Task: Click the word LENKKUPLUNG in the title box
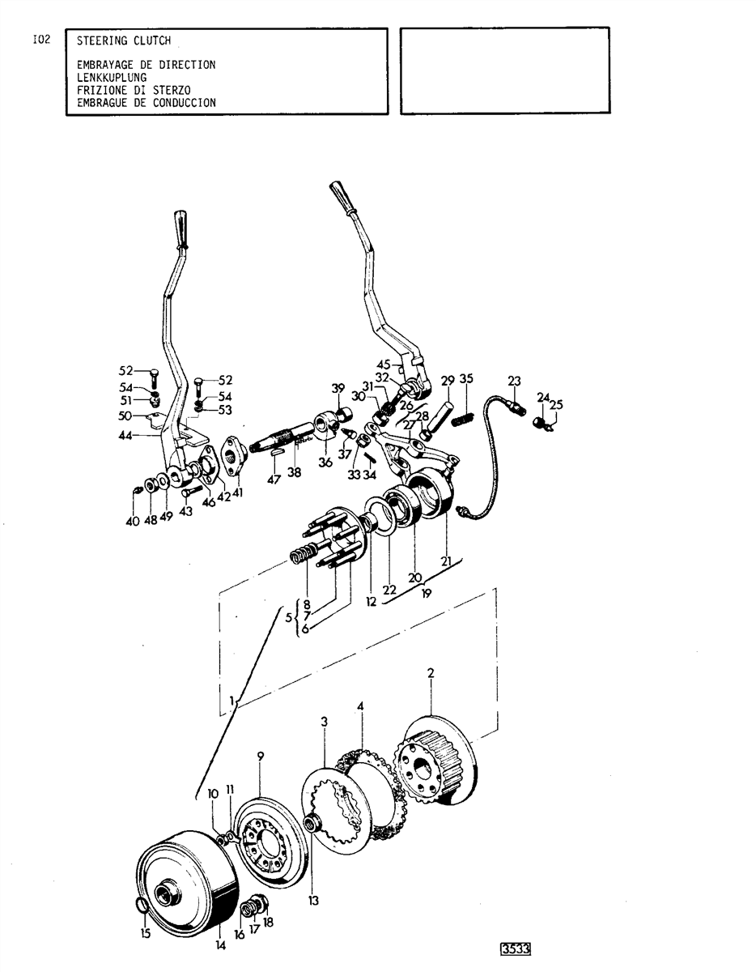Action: [111, 78]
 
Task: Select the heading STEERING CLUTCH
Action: [124, 40]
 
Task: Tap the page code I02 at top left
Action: [41, 40]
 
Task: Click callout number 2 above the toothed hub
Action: [431, 673]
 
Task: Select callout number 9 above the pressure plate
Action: [261, 756]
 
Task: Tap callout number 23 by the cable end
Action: [514, 382]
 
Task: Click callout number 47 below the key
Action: [274, 480]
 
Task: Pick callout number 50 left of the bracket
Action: [125, 416]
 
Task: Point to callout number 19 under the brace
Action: [427, 594]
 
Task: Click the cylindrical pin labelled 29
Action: [442, 416]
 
